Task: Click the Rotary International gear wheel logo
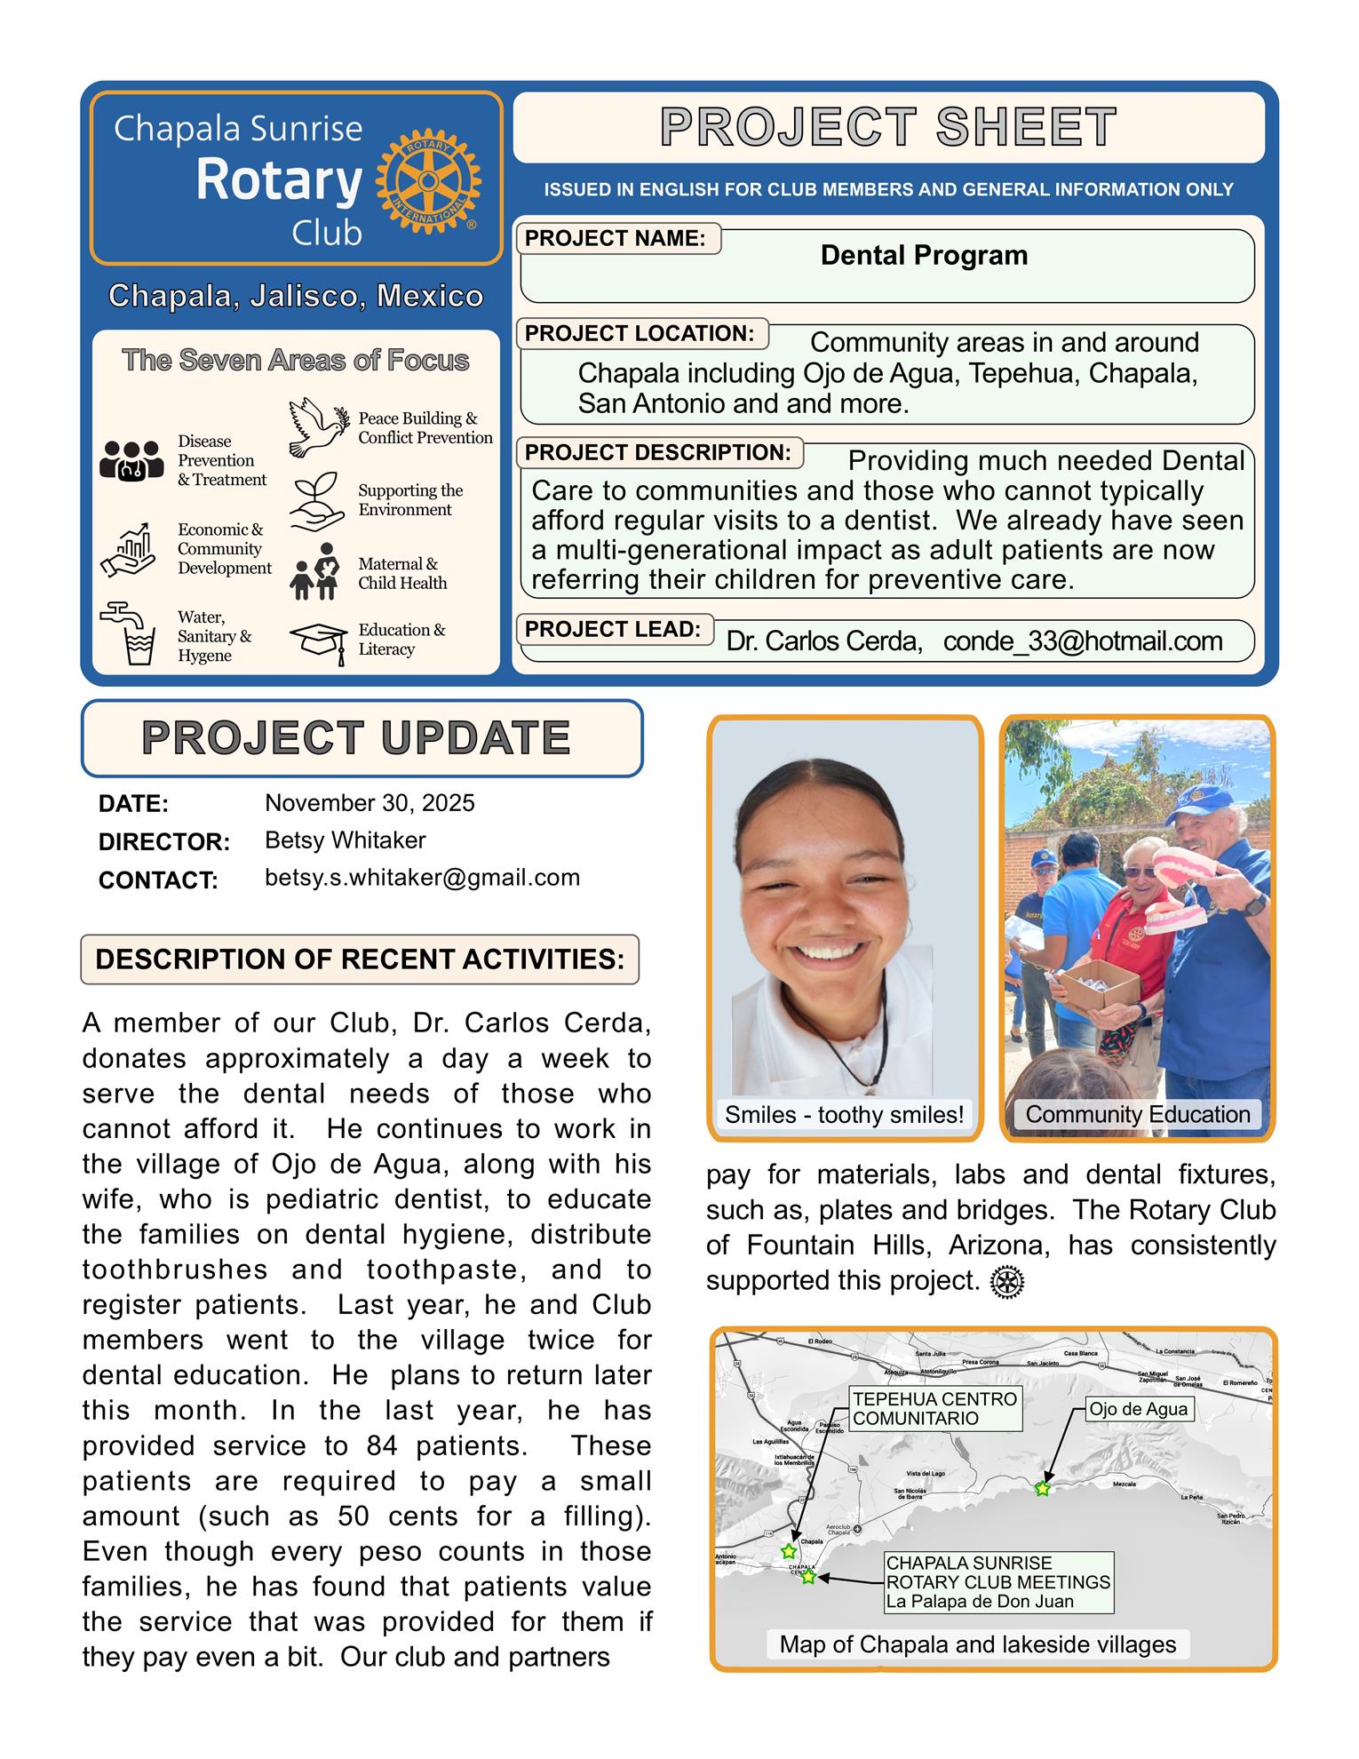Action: (427, 181)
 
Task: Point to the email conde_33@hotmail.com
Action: (1082, 641)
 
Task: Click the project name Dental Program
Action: (923, 256)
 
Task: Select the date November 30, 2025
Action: (370, 803)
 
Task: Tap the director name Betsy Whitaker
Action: (345, 840)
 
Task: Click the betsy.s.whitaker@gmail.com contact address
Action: (422, 878)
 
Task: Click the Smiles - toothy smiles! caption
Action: (844, 1115)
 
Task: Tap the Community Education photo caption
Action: (1137, 1115)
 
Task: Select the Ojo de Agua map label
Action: (1138, 1409)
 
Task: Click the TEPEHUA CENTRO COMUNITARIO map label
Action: (934, 1409)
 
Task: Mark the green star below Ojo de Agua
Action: (1043, 1488)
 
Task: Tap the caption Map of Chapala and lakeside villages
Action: (977, 1644)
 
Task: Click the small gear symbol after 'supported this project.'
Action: (1006, 1283)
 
